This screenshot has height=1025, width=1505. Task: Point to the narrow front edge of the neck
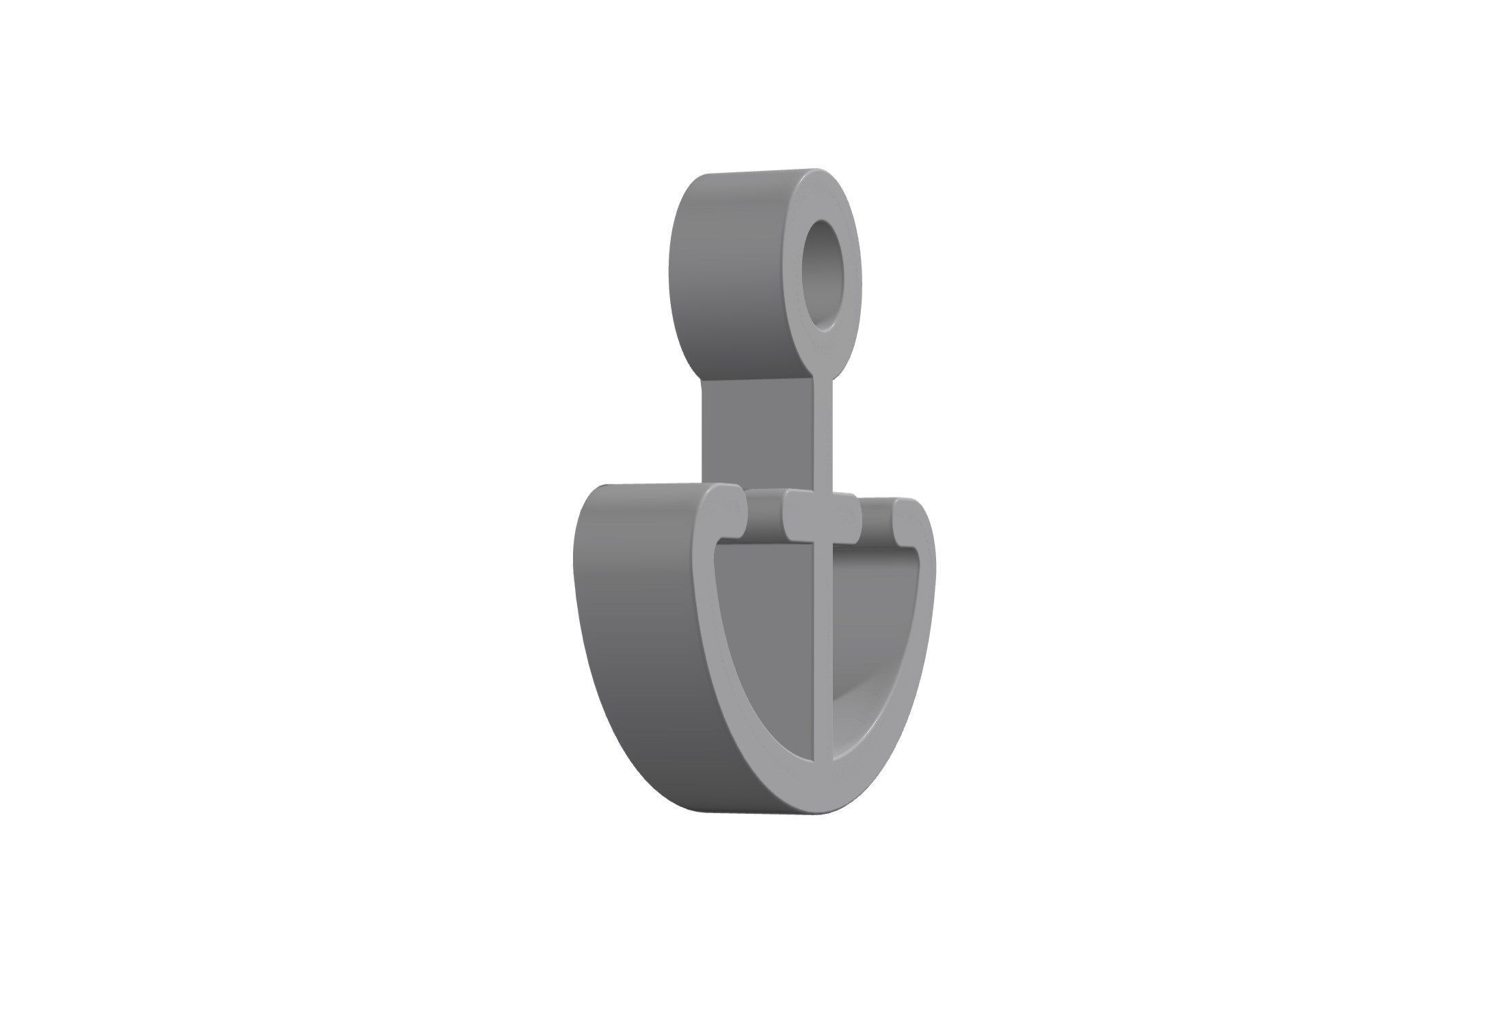(x=826, y=430)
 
